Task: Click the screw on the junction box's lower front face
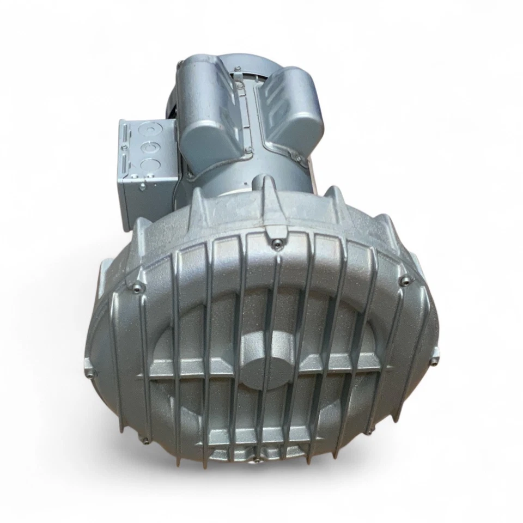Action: tap(142, 187)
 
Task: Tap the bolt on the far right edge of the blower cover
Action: tap(434, 361)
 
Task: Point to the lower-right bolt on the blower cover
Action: tap(370, 430)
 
